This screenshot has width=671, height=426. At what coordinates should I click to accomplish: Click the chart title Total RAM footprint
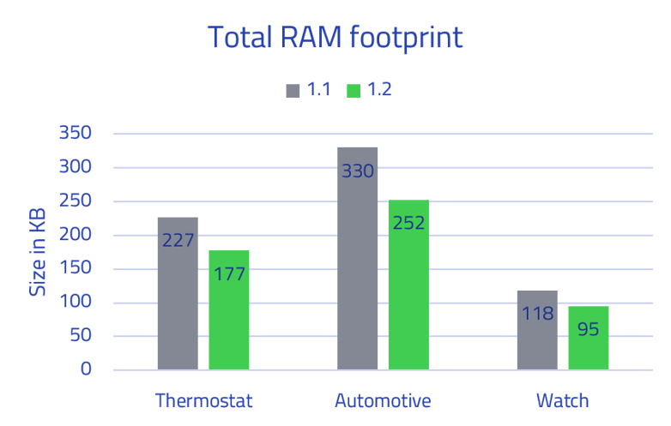[x=335, y=38]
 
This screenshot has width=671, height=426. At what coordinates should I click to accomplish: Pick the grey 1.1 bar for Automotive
[x=358, y=257]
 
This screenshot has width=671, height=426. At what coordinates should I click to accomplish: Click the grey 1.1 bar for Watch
[x=537, y=330]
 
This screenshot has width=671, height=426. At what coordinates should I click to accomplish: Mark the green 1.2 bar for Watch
[x=589, y=338]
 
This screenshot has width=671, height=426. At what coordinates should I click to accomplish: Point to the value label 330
[x=358, y=171]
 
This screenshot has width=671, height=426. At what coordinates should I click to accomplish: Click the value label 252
[x=408, y=223]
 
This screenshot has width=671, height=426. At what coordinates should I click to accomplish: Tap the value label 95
[x=589, y=329]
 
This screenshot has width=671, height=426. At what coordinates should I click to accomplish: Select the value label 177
[x=229, y=274]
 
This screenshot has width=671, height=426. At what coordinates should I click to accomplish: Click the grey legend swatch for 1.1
[x=293, y=90]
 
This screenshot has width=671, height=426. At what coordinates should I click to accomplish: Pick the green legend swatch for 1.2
[x=354, y=90]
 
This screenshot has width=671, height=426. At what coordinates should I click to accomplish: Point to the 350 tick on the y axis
[x=75, y=133]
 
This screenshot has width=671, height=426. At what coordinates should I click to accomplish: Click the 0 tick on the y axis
[x=86, y=369]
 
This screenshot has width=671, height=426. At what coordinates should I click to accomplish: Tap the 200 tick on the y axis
[x=75, y=235]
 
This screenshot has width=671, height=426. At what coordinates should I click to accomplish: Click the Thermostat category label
[x=204, y=401]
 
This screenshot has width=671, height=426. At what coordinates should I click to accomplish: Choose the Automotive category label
[x=383, y=401]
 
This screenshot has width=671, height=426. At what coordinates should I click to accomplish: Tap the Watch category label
[x=563, y=401]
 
